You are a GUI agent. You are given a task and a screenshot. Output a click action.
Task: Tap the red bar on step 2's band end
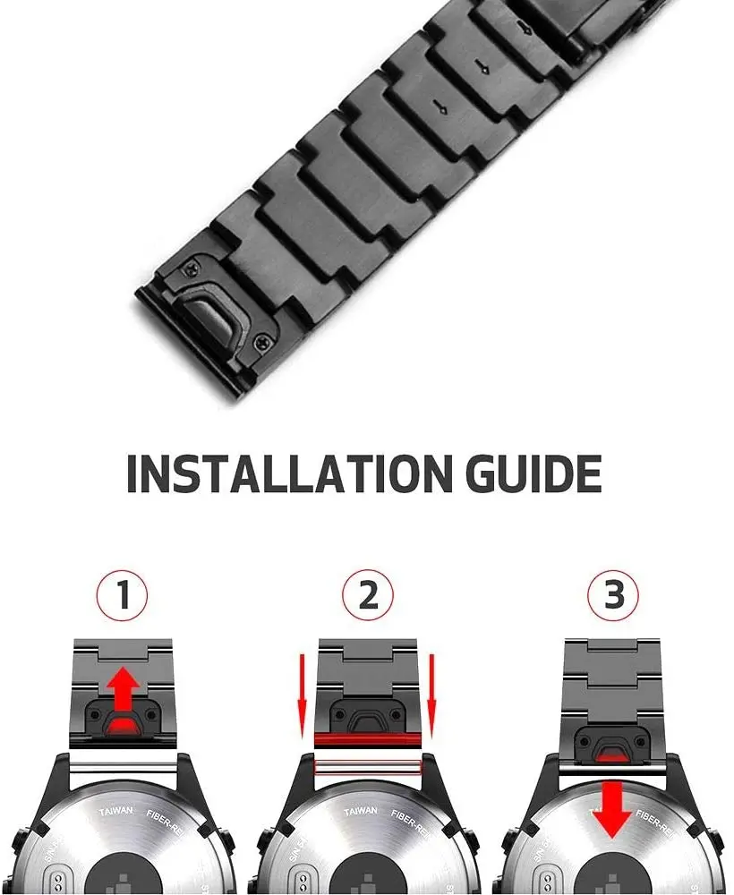[x=368, y=740]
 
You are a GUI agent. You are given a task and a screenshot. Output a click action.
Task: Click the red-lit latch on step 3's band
[x=612, y=750]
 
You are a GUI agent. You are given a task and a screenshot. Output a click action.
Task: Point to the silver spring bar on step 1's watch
[x=123, y=767]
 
